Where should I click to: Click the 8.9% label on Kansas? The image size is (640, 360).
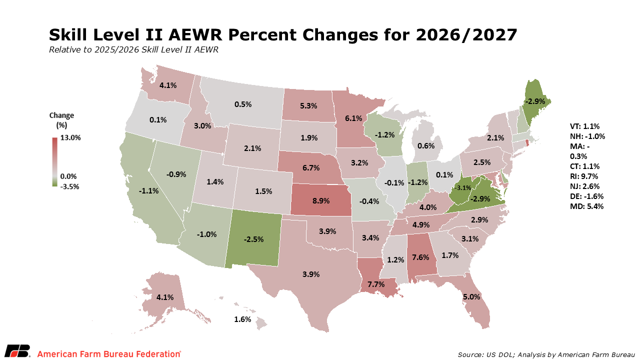[321, 201]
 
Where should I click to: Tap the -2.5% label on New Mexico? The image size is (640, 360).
[253, 239]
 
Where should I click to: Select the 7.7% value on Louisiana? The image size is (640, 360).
[376, 284]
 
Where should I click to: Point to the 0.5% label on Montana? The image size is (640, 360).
[243, 104]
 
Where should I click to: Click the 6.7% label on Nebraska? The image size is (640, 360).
[311, 167]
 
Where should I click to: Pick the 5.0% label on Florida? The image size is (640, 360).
[471, 297]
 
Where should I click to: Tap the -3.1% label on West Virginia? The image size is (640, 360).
[462, 187]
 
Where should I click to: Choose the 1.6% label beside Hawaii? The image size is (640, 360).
[242, 319]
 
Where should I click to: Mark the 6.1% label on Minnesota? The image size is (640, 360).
[353, 118]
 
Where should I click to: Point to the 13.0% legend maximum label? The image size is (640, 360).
[70, 137]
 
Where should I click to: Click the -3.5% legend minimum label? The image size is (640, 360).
[69, 186]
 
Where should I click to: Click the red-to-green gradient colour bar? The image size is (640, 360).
[55, 162]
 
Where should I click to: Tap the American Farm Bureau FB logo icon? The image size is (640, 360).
[17, 351]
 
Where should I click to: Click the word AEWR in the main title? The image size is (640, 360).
[195, 35]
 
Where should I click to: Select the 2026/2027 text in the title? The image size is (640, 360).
[466, 35]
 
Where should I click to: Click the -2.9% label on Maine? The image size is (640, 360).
[535, 101]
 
